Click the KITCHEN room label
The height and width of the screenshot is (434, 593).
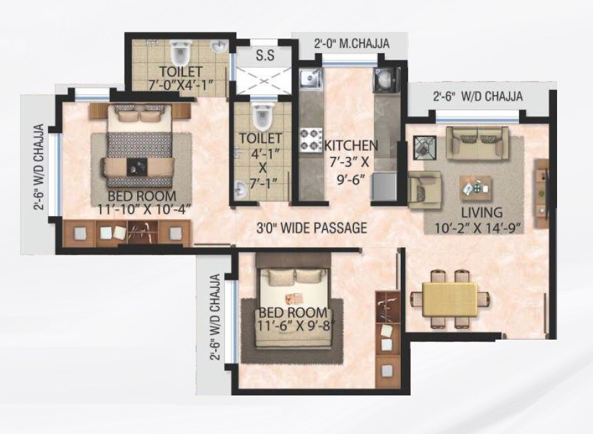pos(351,145)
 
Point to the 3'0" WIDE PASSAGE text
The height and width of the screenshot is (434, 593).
pos(312,229)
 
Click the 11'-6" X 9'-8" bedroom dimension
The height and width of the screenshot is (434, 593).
pos(293,327)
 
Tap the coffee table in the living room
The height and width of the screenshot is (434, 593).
pos(476,189)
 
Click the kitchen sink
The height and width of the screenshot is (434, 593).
pos(309,80)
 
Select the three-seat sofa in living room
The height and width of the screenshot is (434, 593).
pos(477,142)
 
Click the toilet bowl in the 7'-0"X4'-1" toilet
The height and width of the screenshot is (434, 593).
pos(180,51)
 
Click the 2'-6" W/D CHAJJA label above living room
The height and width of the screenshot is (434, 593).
pos(477,96)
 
